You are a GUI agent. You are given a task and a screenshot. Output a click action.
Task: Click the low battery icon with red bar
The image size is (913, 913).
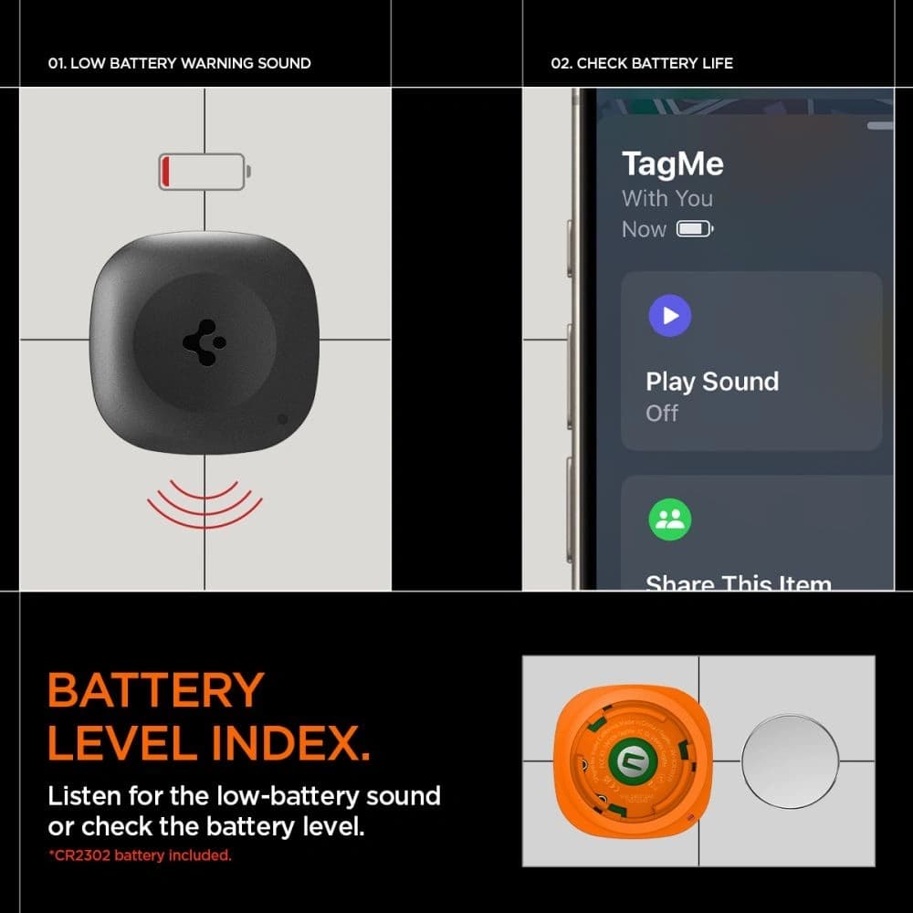(204, 172)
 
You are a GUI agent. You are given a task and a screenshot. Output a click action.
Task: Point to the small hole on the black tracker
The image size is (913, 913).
(282, 419)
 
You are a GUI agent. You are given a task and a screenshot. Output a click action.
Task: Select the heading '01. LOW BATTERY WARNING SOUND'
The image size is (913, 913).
(179, 63)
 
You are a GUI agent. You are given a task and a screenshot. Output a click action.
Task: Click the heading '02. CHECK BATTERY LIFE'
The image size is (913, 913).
(641, 63)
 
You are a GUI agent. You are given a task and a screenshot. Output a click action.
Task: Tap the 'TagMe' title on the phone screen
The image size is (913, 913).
(672, 164)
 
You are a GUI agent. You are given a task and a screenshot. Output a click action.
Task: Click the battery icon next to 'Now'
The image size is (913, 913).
(694, 229)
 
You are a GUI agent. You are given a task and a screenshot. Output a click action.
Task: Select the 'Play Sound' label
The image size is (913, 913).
(711, 382)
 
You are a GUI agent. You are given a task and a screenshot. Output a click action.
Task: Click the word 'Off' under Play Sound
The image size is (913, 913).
(662, 413)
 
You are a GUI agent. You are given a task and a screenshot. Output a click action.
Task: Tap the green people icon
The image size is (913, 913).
(670, 519)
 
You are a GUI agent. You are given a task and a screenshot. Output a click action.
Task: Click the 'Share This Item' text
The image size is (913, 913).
(738, 582)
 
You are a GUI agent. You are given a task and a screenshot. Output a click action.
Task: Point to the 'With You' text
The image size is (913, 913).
(666, 198)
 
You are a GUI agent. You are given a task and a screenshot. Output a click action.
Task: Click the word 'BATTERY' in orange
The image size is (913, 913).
(156, 691)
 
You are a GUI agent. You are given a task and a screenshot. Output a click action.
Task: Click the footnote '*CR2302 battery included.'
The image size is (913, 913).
(140, 855)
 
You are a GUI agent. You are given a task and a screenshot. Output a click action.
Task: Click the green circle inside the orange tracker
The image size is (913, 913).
(628, 761)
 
